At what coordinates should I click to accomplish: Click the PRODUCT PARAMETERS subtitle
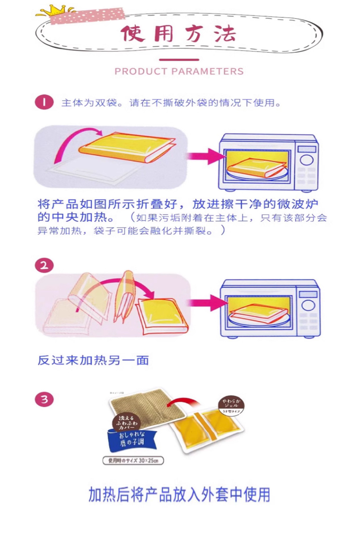click(179, 71)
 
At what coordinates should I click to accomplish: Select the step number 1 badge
click(44, 103)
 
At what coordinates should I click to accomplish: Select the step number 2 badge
click(44, 265)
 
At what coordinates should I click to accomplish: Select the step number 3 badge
click(44, 400)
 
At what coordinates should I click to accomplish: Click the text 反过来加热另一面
click(93, 360)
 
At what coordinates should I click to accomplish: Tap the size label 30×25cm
click(133, 460)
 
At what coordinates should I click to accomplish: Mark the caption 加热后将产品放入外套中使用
click(179, 495)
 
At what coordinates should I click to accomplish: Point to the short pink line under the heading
click(179, 60)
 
